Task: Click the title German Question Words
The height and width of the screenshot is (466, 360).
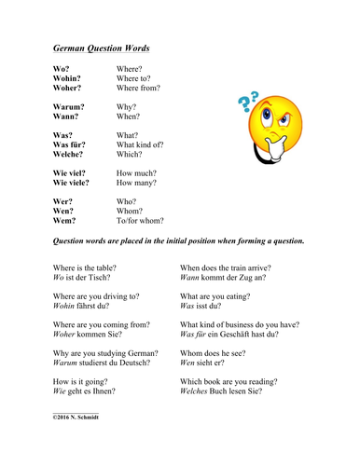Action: [x=100, y=48]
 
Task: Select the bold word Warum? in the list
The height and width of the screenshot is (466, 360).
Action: [x=72, y=107]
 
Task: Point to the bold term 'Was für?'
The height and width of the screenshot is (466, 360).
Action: [x=72, y=145]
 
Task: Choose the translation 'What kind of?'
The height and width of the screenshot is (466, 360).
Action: [x=140, y=145]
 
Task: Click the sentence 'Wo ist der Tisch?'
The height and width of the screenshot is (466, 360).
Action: [x=82, y=278]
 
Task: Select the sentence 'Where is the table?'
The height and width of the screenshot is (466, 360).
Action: [x=86, y=267]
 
